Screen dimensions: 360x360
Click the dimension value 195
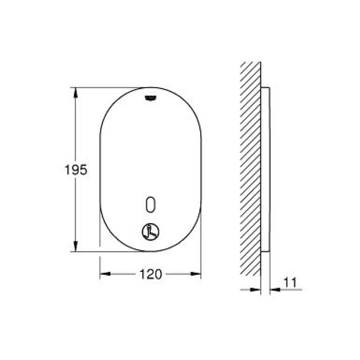(76, 170)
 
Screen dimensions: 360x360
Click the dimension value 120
(151, 274)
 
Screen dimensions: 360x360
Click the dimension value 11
(290, 282)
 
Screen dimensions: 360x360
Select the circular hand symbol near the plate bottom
(151, 232)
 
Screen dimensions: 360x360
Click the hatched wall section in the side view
(250, 166)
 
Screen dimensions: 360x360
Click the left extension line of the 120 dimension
(100, 260)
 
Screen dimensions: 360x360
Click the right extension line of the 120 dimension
(201, 260)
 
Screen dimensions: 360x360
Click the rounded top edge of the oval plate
(151, 88)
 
